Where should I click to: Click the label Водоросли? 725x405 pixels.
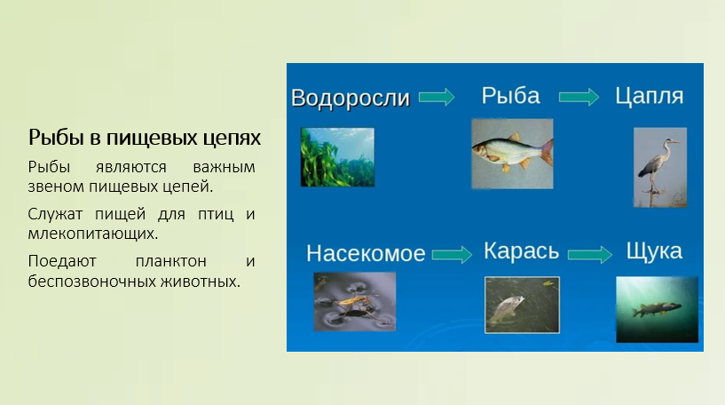pos(351,98)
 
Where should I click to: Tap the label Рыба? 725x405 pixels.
pos(510,96)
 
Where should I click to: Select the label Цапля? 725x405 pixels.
pos(650,96)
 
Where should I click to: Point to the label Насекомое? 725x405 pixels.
pos(366,253)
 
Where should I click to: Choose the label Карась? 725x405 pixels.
pos(522,251)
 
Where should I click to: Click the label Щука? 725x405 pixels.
pos(654,251)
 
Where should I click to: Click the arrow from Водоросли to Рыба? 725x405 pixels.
pos(437,97)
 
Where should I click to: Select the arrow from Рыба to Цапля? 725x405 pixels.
pos(579,97)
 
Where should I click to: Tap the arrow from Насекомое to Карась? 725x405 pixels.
pos(452,254)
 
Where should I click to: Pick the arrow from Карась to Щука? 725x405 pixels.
pos(590,255)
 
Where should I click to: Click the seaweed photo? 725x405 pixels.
pos(337,157)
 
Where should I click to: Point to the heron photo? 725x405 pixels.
pos(660,167)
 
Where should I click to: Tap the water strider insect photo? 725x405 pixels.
pos(355,301)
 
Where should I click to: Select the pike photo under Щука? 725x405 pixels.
pos(657,309)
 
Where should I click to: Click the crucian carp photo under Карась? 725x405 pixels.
pos(522,305)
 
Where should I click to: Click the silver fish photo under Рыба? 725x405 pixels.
pos(512,154)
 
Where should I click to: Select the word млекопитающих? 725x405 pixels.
pos(93,234)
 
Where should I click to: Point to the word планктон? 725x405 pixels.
pos(171,261)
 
